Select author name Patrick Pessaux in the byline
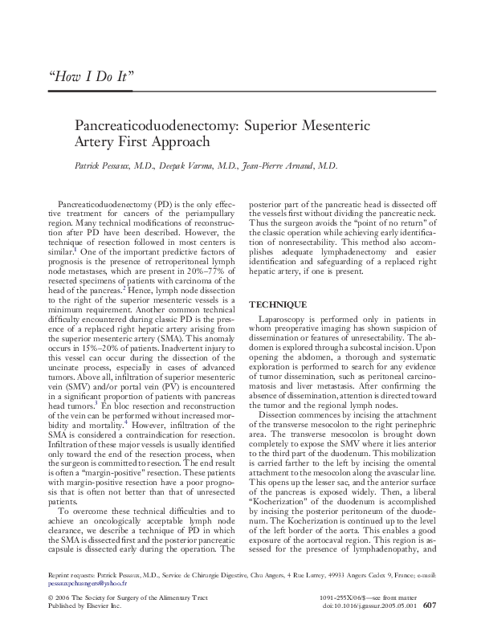point(100,166)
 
